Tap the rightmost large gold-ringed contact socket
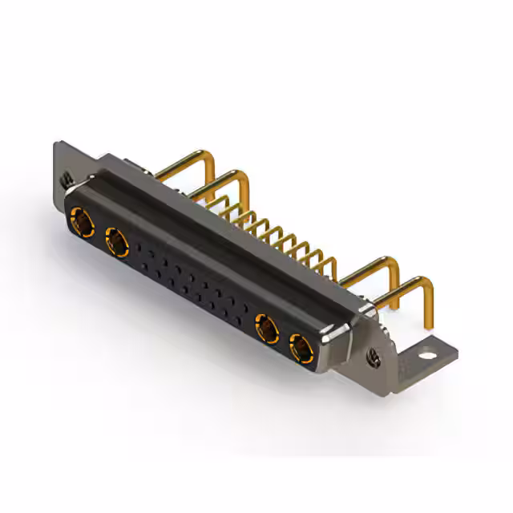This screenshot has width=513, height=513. click(301, 349)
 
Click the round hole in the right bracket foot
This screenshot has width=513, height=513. click(430, 350)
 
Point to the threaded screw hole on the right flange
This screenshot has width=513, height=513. click(374, 353)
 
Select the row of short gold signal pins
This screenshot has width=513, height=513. click(281, 232)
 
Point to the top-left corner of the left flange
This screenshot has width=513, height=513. click(55, 144)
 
